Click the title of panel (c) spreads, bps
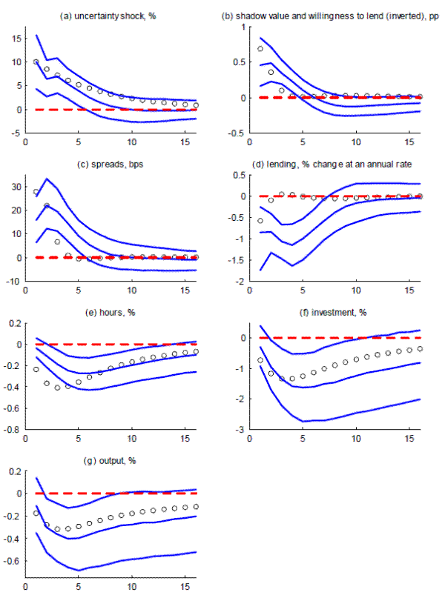click(x=108, y=163)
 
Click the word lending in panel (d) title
click(x=287, y=163)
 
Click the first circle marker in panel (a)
click(x=36, y=62)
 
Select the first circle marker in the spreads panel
click(x=36, y=192)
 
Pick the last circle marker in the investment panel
click(x=420, y=348)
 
